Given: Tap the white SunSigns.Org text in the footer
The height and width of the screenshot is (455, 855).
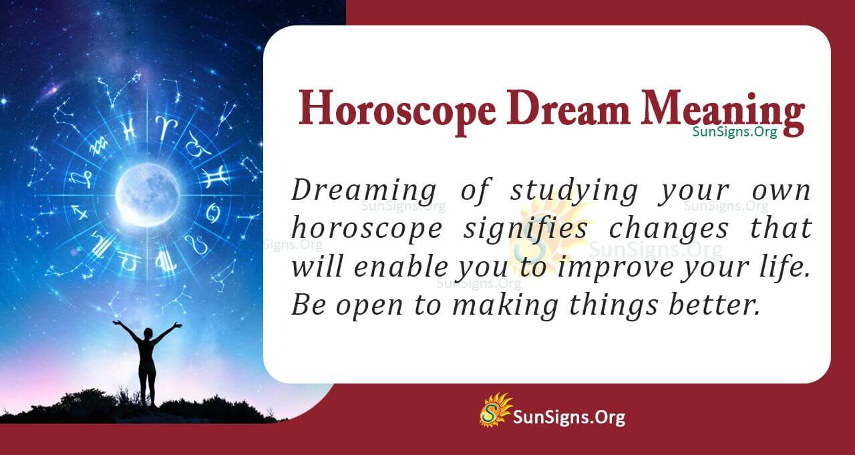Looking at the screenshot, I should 568,418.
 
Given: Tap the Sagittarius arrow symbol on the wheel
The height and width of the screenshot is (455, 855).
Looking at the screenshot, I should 81,213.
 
